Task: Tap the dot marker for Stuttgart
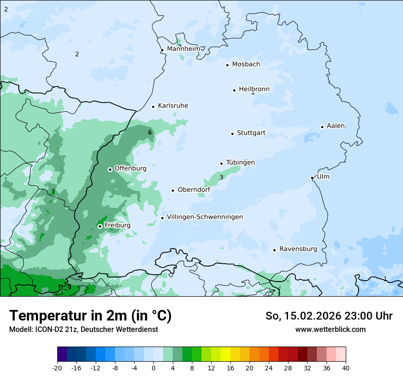click(232, 134)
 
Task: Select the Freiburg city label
click(117, 225)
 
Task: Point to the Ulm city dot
click(312, 178)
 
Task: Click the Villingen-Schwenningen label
click(205, 217)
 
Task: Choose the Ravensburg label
click(298, 249)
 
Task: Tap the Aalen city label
click(336, 126)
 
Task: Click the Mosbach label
click(246, 65)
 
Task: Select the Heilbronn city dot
click(234, 90)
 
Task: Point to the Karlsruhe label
click(173, 106)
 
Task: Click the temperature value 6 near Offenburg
click(150, 133)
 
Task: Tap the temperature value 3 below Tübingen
click(221, 177)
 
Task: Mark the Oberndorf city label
click(194, 190)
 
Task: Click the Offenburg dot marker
click(110, 169)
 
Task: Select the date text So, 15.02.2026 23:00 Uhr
click(329, 316)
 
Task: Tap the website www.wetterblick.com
click(331, 329)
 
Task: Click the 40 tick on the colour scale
click(346, 368)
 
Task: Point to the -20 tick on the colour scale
click(57, 368)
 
